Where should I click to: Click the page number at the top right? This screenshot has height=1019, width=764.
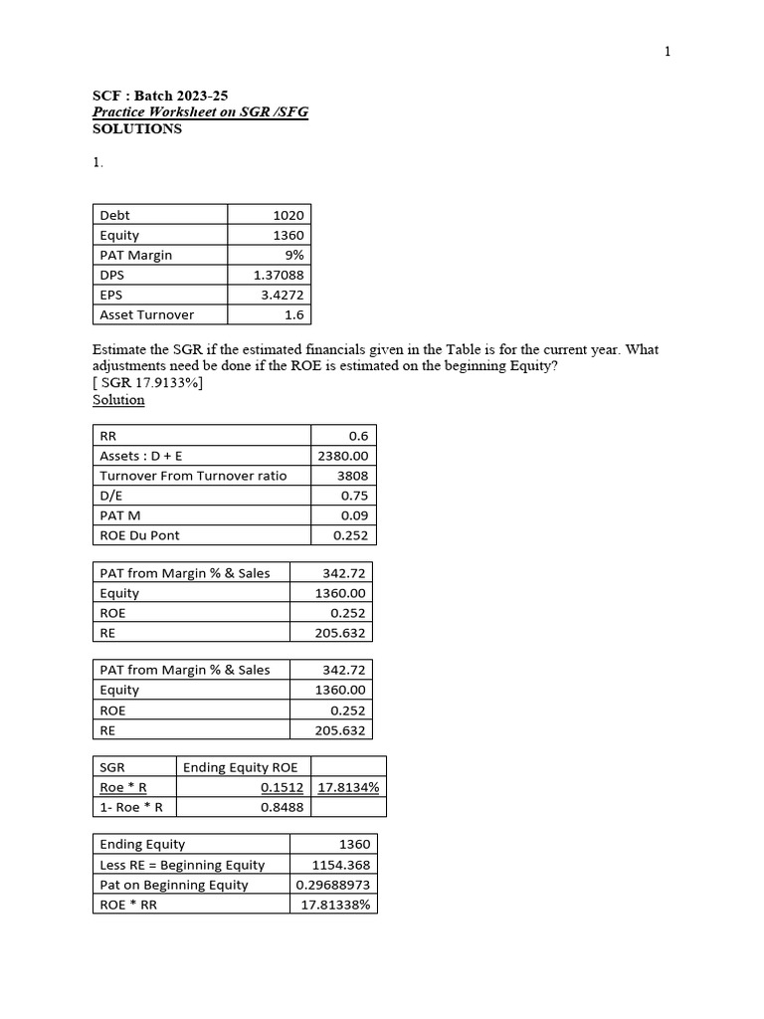pos(668,52)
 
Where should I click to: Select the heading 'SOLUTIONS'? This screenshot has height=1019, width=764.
pos(137,129)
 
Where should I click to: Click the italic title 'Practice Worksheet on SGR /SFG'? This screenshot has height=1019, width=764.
pos(200,112)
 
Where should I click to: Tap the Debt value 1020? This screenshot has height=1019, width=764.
pos(288,215)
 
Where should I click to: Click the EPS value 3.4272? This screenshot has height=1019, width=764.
pos(284,295)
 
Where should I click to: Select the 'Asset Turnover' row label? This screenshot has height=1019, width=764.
pos(147,314)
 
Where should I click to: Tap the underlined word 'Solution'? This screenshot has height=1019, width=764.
pos(118,400)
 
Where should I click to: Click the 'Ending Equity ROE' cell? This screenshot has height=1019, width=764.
pos(232,767)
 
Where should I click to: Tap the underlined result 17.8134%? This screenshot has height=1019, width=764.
pos(349,787)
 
